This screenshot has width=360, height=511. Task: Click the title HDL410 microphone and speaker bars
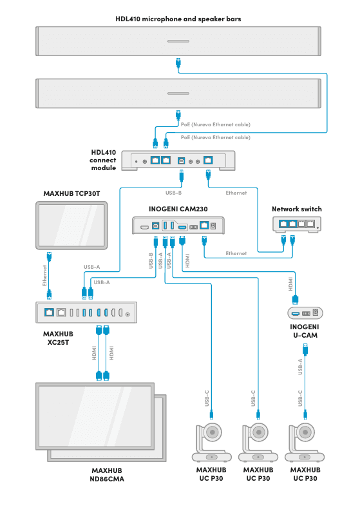178,19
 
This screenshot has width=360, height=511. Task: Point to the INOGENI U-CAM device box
306,313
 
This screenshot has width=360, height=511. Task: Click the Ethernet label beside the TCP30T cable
45,275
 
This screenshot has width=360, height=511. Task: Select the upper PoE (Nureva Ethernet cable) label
216,124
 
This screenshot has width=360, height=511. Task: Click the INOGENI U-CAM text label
306,331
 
